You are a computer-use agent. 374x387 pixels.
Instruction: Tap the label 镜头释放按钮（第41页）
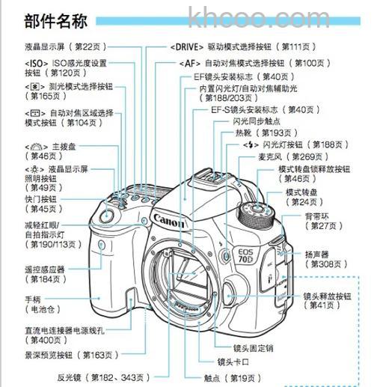[x=327, y=301]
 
